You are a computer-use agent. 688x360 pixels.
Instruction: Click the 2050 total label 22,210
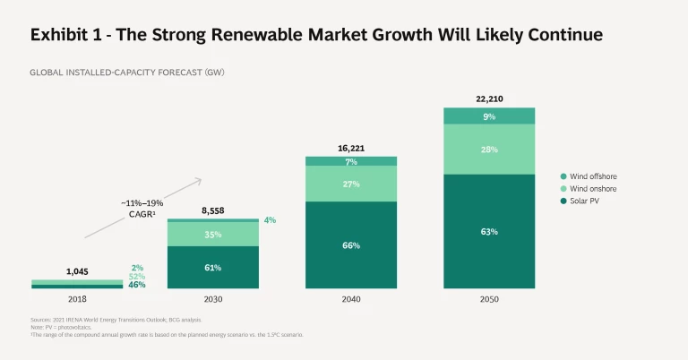tap(489, 98)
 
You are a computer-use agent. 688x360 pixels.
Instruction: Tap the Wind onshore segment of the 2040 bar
tap(351, 184)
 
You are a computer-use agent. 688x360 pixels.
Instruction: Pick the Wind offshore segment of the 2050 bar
tap(489, 116)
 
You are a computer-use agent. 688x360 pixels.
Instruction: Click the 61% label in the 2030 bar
tap(213, 268)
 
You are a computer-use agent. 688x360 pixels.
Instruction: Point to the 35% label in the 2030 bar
tap(213, 234)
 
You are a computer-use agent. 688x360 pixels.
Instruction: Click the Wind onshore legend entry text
tap(593, 189)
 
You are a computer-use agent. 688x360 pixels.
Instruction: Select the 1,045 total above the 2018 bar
tap(77, 270)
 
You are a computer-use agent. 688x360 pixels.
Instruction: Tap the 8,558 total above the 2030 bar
tap(213, 210)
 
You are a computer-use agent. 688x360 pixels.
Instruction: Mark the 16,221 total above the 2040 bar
tap(351, 148)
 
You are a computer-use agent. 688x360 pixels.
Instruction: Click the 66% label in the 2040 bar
tap(351, 244)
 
